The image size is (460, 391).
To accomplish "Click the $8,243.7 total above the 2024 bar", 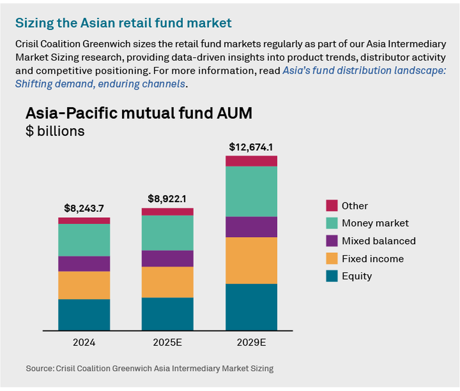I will click(x=84, y=208).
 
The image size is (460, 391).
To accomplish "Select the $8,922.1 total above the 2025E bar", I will click(x=167, y=199).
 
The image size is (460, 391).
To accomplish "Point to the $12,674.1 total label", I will click(x=251, y=147).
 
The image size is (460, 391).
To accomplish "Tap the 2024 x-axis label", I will click(x=84, y=342).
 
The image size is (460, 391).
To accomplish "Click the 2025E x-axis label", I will click(x=167, y=342).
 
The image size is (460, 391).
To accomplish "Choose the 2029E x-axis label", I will click(x=251, y=342).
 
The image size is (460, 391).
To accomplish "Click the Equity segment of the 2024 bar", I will click(x=84, y=315).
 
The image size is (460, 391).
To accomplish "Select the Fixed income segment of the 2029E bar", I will click(x=251, y=260).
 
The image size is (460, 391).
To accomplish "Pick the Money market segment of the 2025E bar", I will click(x=167, y=233).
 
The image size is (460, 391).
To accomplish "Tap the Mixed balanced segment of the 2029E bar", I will click(x=251, y=227).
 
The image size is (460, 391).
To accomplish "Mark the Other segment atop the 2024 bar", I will click(x=84, y=221).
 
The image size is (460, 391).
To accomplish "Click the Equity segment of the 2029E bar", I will click(x=251, y=307).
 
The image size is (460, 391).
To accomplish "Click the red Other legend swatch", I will click(x=332, y=205).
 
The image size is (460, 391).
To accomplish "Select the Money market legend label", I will click(x=375, y=223).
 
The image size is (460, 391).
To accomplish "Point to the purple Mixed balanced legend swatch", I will click(x=332, y=241).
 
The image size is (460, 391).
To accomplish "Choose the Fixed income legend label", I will click(x=372, y=259).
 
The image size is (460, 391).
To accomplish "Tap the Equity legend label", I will click(x=356, y=276).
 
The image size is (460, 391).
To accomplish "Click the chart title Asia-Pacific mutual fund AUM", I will click(x=139, y=113).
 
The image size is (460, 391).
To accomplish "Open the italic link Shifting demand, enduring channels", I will click(x=100, y=84).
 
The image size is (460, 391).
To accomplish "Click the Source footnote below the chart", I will click(x=149, y=368).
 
